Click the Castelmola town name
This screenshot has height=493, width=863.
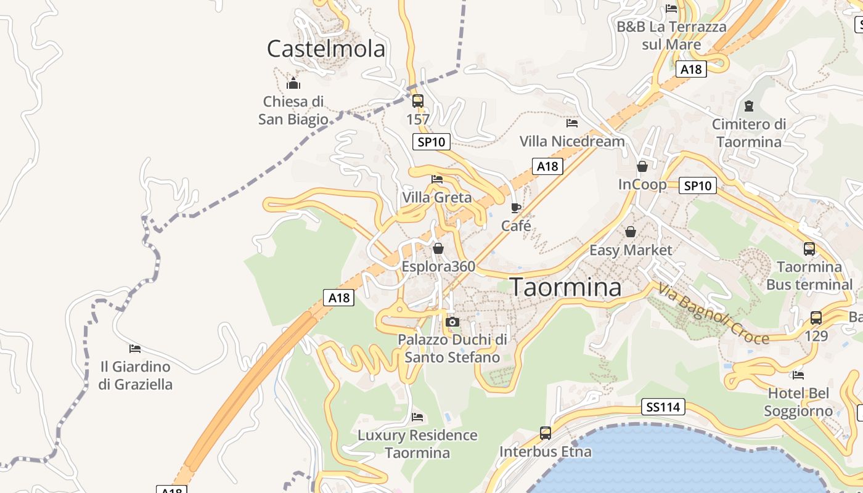(x=326, y=49)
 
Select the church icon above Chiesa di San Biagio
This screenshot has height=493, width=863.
(x=293, y=83)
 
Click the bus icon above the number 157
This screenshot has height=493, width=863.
(x=418, y=100)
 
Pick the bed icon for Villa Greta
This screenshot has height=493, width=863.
(x=437, y=179)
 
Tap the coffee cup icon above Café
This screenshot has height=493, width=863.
(x=516, y=208)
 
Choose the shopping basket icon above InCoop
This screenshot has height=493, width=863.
(x=642, y=166)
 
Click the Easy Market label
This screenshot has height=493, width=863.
(x=631, y=250)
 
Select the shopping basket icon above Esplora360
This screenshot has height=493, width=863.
(x=438, y=248)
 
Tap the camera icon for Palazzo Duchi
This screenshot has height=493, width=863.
(x=452, y=322)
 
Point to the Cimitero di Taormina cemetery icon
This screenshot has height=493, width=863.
(x=749, y=106)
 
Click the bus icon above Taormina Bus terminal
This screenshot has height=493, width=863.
(x=809, y=249)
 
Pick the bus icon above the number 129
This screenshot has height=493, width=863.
(x=816, y=318)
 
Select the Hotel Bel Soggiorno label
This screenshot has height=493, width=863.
(x=798, y=402)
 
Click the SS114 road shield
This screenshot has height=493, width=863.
(x=663, y=407)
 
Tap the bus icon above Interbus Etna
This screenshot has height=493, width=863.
(x=546, y=433)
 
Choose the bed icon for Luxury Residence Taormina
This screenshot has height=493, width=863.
(x=417, y=417)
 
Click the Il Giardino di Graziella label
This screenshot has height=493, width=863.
(x=136, y=375)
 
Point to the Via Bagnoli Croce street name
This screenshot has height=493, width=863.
(x=713, y=314)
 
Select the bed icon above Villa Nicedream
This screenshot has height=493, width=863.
(x=572, y=123)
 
